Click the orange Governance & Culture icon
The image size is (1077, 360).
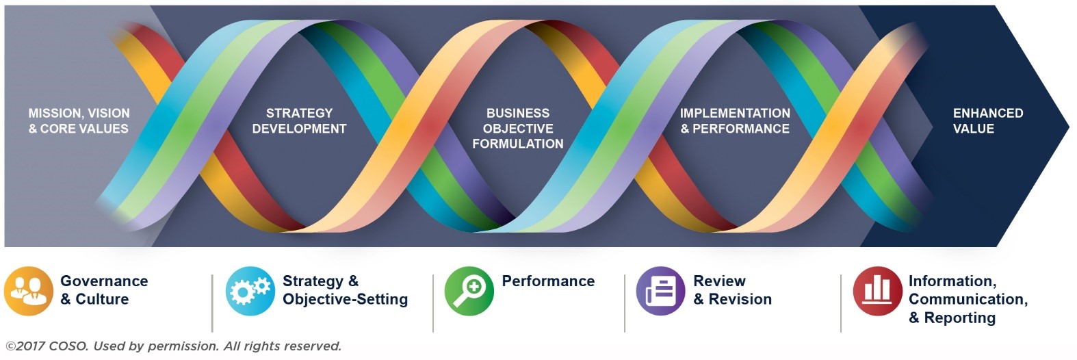coord(28,292)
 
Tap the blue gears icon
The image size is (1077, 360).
coord(250,292)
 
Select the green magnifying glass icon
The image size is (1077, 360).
coord(469,292)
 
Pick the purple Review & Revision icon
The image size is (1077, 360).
coord(660,292)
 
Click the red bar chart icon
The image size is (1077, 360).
coord(877,292)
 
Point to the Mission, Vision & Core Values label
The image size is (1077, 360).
coord(79,120)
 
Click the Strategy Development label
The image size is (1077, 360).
coord(299,120)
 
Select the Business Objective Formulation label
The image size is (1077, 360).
coord(518,129)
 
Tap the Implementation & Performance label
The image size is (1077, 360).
coord(735,120)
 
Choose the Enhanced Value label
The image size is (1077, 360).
coord(988,120)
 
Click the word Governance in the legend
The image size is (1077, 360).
coord(104,281)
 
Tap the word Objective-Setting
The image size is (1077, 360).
coord(346,300)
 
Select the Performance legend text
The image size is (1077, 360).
coord(548,281)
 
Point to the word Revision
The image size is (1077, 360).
coord(740,299)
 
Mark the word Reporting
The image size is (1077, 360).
coord(960,318)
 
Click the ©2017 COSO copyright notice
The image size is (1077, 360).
coord(174,346)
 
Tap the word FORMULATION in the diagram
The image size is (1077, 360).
coord(518,144)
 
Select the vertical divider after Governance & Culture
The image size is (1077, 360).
coord(212,303)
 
